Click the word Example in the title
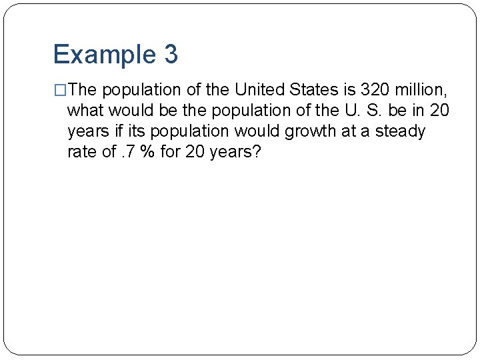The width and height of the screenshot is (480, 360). point(103,55)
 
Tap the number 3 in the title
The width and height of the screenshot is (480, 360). point(170,55)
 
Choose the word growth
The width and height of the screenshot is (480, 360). point(311,131)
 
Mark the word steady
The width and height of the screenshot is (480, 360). point(400,131)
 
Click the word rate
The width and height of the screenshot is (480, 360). point(82,152)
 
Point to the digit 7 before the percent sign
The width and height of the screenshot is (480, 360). point(133,152)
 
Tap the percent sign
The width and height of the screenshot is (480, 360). point(149,152)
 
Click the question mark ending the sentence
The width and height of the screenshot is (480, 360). point(257,152)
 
